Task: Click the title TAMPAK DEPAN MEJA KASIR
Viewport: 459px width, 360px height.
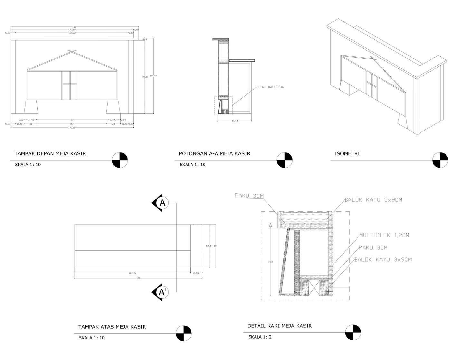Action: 50,154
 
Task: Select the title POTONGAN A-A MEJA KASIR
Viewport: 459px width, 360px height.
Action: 215,154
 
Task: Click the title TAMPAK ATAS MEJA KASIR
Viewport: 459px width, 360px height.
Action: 112,327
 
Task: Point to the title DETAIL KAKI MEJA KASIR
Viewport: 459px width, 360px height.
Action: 280,326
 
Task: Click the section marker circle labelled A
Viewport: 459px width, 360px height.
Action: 163,203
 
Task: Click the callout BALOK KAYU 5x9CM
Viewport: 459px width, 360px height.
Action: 373,200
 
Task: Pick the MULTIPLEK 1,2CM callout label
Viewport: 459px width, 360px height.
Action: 384,235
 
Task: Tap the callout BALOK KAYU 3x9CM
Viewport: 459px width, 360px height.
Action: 383,260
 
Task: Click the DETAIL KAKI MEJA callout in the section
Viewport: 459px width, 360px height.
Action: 270,87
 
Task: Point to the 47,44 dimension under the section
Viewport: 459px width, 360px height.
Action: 234,121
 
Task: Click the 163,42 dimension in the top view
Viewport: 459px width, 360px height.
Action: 132,273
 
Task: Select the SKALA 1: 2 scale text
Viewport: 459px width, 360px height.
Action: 260,337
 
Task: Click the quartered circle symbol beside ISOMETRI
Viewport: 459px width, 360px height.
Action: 440,160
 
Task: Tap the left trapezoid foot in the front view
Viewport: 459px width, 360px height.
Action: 31,107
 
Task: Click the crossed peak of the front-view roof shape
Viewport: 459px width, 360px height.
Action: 72,52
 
